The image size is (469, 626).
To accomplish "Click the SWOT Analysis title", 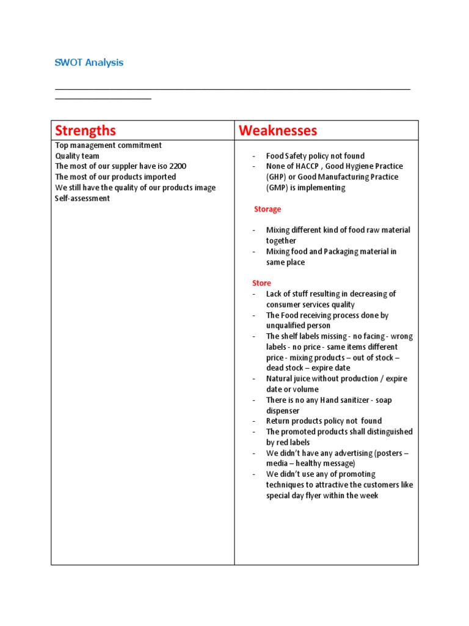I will tap(89, 62).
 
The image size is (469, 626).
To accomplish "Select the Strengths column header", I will tap(85, 130).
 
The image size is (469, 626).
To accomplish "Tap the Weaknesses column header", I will tap(278, 130).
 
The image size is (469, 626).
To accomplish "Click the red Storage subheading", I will tap(267, 209).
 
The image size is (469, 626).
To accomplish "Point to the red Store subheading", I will tap(261, 283).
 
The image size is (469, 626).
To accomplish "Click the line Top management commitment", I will tap(109, 145).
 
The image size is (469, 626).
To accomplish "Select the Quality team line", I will tap(77, 156).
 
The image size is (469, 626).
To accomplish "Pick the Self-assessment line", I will tap(82, 198).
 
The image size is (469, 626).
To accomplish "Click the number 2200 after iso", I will tap(177, 166).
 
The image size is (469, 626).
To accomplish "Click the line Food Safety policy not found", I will tap(315, 156).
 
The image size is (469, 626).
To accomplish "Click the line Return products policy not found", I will tap(324, 421).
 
